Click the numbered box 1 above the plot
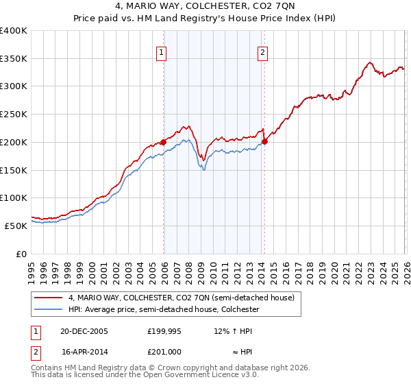click(x=161, y=51)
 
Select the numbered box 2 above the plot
click(x=263, y=51)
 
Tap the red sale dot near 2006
click(x=164, y=142)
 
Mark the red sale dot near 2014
click(x=264, y=142)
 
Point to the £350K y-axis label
click(x=14, y=59)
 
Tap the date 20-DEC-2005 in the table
click(x=84, y=331)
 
